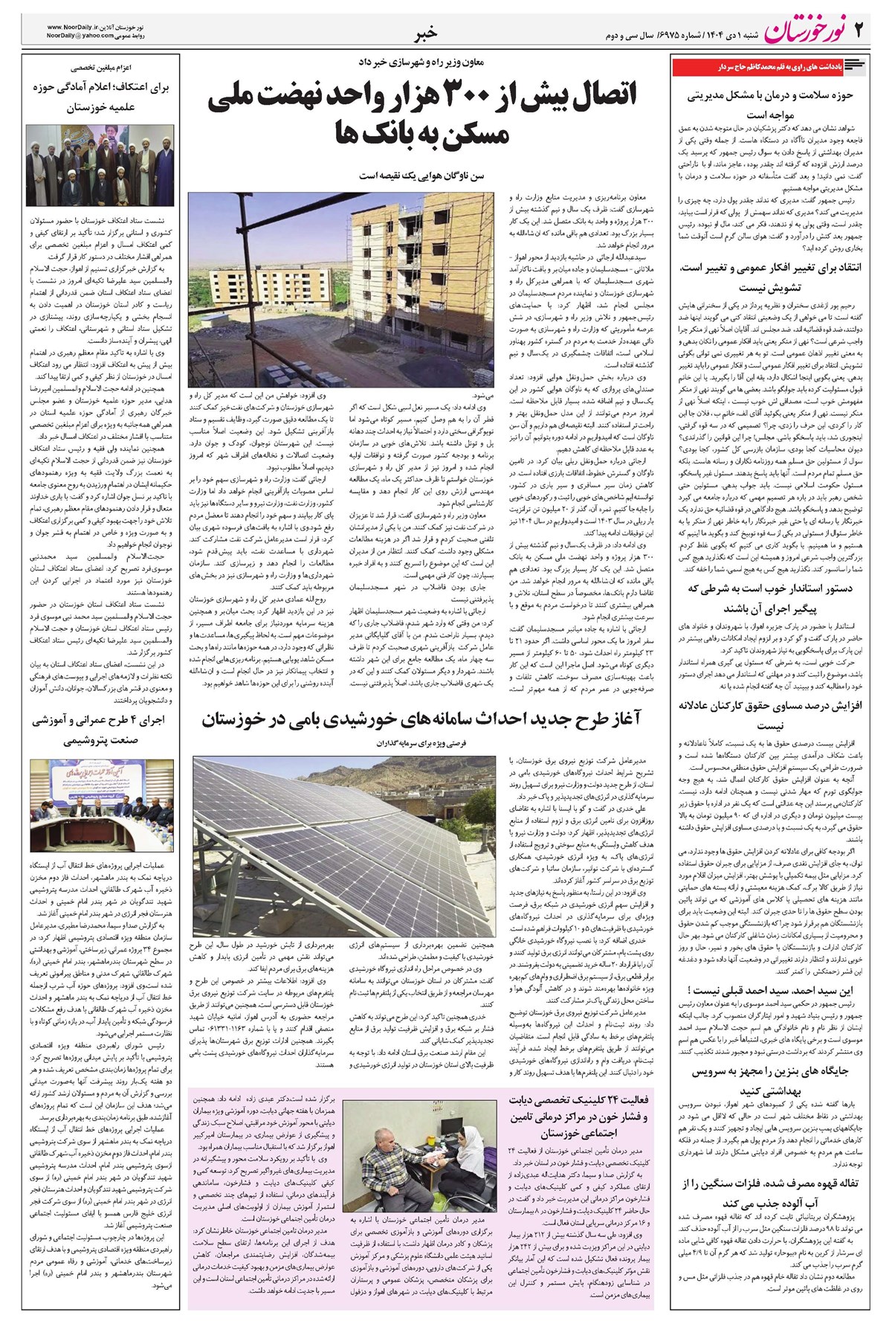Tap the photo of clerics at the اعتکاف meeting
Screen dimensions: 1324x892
click(x=99, y=165)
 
